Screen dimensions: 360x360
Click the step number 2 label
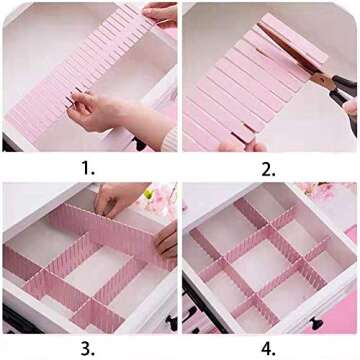pos(268,166)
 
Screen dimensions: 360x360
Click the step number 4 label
pos(267,347)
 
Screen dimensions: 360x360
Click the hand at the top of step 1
pos(160,13)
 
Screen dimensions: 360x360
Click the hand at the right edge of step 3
pos(167,240)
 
